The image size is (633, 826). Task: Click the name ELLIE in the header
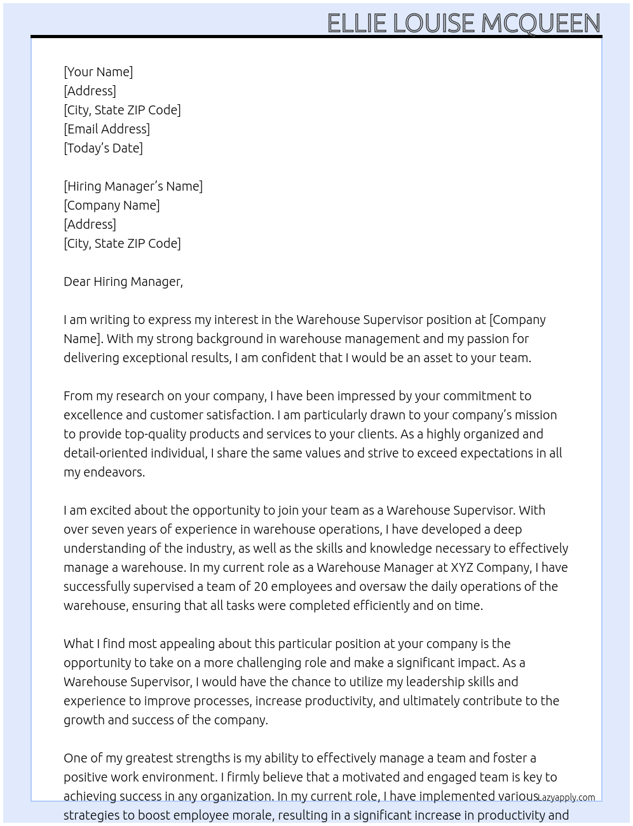click(357, 24)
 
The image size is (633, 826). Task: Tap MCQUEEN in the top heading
click(540, 24)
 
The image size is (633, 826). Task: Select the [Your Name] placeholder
click(98, 72)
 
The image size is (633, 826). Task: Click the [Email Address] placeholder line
click(107, 129)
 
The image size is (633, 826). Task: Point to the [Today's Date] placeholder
click(103, 148)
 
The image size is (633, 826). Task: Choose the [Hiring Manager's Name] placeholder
click(133, 186)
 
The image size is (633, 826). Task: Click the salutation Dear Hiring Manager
click(123, 281)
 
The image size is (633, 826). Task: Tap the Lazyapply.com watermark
click(566, 797)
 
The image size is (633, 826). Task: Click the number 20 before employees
click(261, 586)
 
